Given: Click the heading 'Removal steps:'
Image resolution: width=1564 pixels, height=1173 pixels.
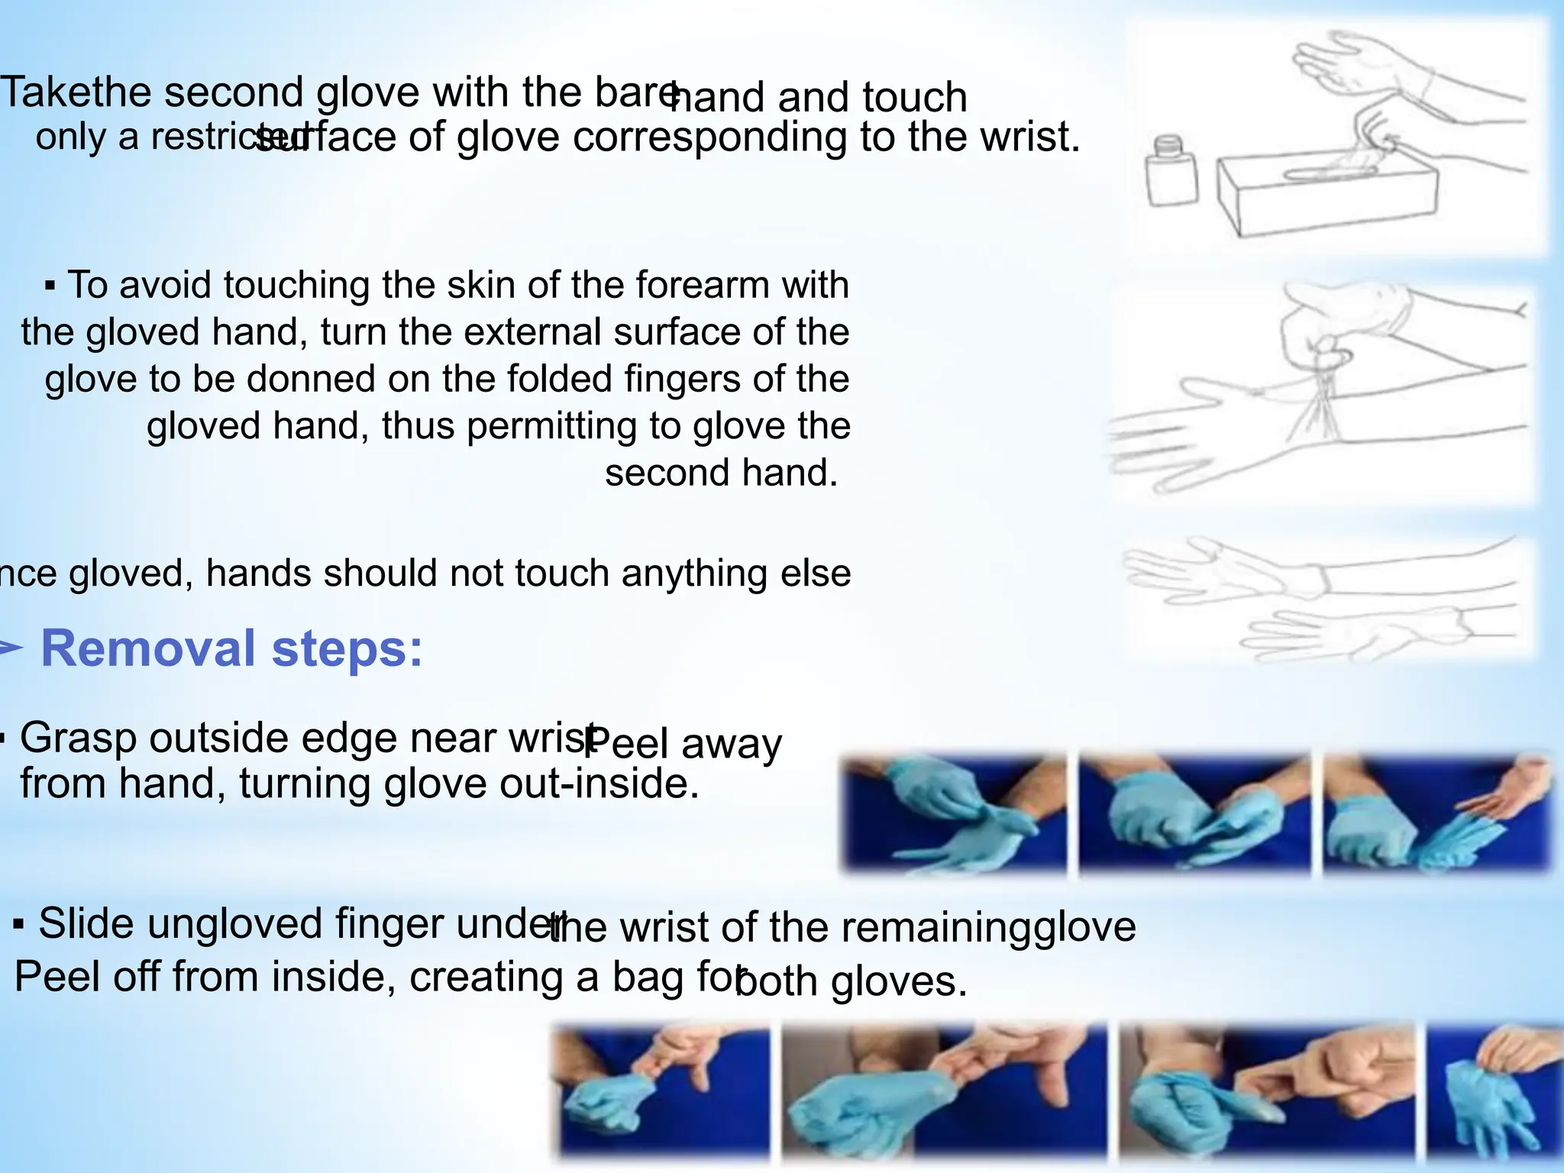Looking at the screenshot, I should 231,648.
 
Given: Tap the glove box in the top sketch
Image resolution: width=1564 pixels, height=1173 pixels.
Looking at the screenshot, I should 1327,195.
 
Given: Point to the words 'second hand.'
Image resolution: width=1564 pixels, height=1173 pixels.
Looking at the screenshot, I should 721,472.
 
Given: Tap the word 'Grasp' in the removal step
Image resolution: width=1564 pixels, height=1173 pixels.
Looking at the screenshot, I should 78,738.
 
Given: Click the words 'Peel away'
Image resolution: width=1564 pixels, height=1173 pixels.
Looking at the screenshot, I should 683,743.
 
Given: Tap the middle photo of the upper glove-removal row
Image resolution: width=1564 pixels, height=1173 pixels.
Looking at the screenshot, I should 1194,813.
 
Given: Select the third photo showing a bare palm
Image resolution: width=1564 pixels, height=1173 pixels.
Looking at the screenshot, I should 1437,813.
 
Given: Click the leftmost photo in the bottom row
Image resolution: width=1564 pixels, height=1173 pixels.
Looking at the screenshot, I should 661,1092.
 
